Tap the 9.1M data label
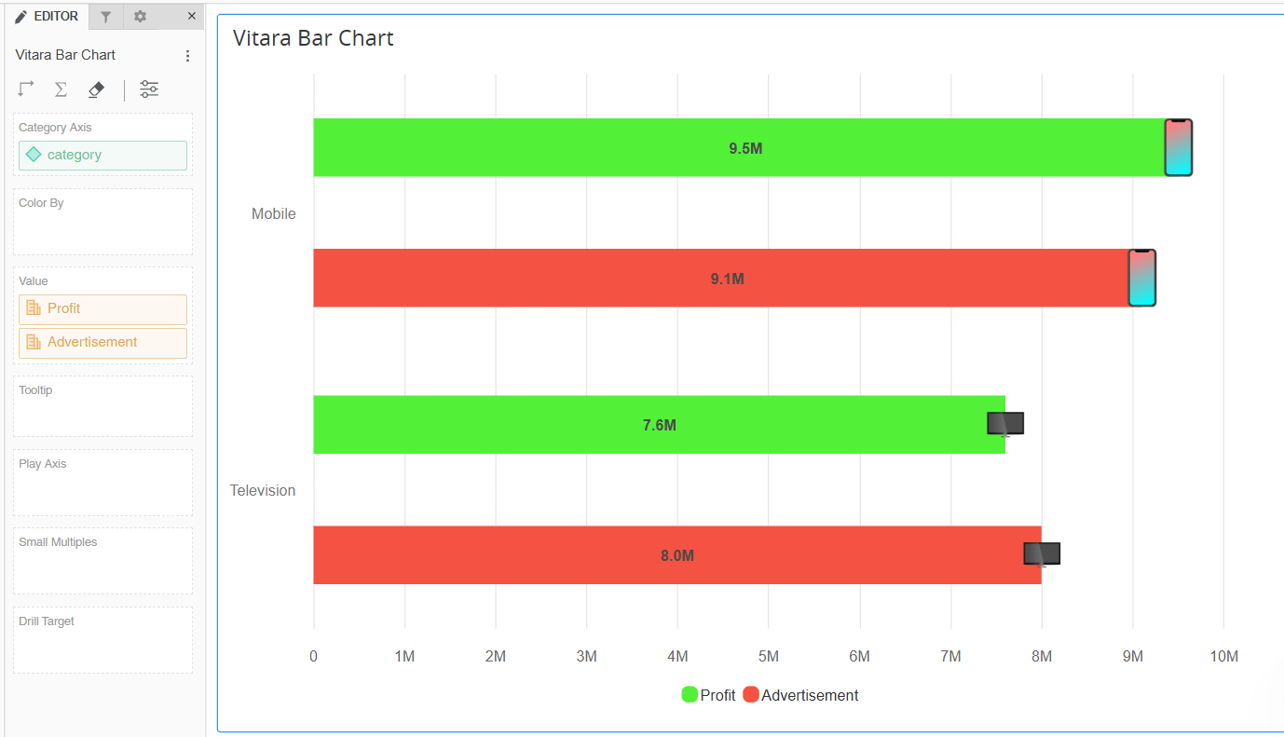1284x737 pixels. tap(727, 279)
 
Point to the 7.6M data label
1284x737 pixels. tap(659, 425)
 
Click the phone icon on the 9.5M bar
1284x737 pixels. tap(1179, 147)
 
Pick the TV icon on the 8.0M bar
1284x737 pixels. tap(1042, 553)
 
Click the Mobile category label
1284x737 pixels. tap(273, 213)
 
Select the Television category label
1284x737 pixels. tap(263, 490)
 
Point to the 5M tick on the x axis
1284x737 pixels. tap(769, 656)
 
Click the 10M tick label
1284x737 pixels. tap(1223, 656)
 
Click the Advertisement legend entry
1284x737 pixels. tap(801, 695)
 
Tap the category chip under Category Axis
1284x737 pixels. tap(102, 156)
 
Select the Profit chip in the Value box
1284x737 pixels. tap(102, 309)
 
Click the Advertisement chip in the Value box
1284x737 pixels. tap(102, 343)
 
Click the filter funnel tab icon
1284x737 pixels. tap(106, 17)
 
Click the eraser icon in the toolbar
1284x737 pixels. tap(96, 89)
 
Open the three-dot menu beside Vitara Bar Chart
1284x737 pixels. tap(187, 56)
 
